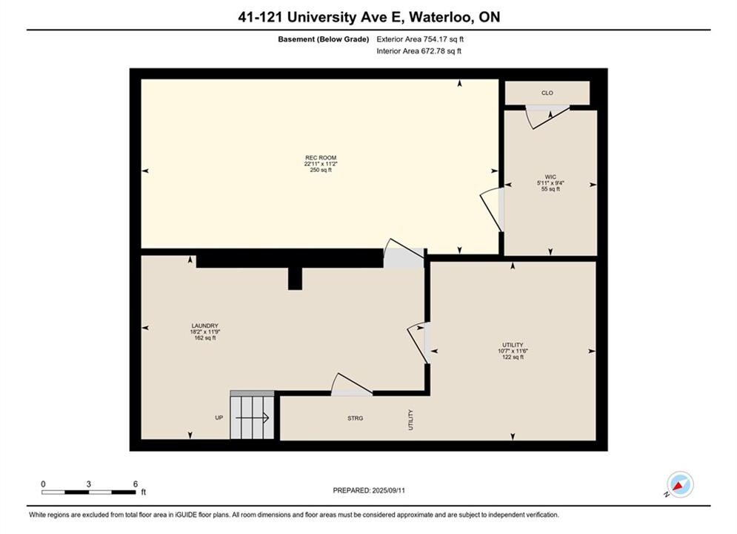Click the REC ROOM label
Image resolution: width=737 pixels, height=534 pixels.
321,158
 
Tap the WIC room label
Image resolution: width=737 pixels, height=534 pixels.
550,177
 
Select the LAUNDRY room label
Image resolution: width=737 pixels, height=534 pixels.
205,326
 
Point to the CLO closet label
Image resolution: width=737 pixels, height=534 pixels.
547,93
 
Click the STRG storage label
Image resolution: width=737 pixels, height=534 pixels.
356,418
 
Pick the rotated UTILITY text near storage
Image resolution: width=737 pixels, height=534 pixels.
411,420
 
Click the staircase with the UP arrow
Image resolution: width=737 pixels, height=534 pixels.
252,415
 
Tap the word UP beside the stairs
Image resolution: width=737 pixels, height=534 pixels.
219,418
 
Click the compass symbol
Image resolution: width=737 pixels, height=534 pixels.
680,484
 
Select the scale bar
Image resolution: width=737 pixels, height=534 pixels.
89,492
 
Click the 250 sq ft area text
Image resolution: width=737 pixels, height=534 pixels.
321,170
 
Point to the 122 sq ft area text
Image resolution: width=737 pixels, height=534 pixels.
513,357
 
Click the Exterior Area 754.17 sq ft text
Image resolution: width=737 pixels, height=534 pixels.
420,39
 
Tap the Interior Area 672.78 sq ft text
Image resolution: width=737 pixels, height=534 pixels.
418,51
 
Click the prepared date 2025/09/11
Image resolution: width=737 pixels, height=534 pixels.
388,490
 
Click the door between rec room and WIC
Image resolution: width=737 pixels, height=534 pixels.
493,210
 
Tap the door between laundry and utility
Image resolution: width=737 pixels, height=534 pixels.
418,343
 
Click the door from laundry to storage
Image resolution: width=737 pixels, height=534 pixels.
352,385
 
